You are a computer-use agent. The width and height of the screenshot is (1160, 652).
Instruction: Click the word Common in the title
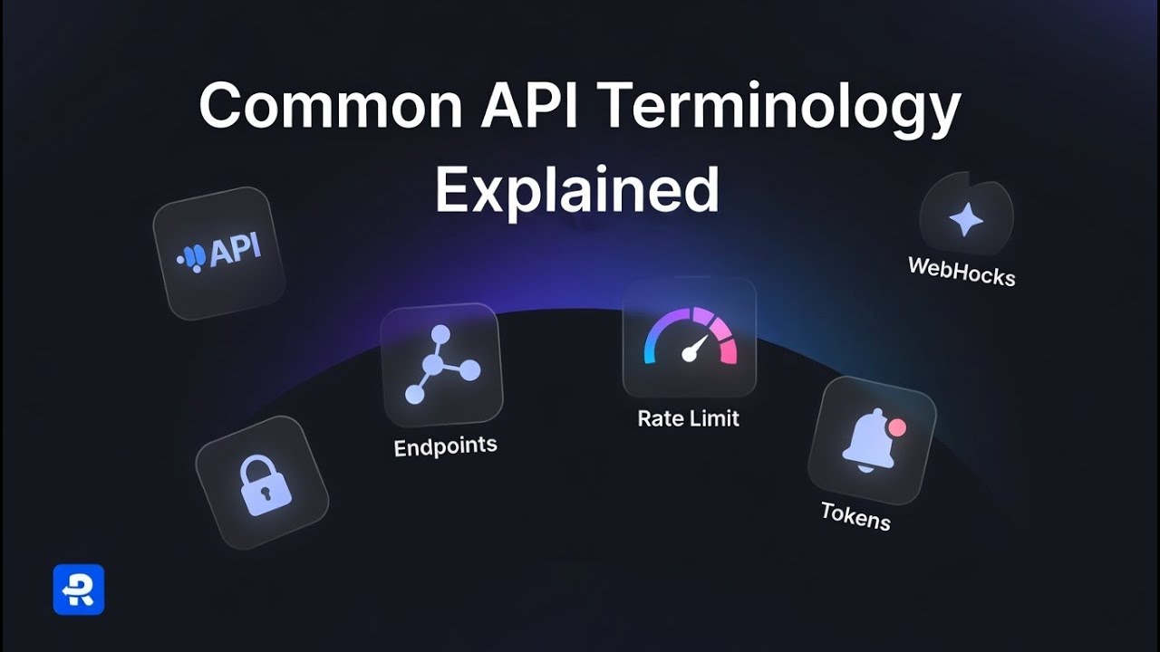(330, 105)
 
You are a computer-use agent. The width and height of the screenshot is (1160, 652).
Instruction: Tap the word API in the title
(528, 104)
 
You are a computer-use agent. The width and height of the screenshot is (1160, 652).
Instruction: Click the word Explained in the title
(577, 191)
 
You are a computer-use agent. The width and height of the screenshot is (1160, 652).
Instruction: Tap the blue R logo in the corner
(79, 590)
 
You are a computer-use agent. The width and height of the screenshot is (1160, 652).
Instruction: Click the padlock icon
(265, 486)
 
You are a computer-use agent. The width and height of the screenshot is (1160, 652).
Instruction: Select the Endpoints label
(445, 446)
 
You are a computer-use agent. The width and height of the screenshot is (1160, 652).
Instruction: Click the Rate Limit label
(688, 418)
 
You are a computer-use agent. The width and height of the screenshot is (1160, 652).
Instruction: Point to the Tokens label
(856, 516)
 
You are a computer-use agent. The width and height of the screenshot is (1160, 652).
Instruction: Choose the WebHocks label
(962, 271)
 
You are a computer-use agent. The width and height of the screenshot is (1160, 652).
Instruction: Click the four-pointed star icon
(965, 220)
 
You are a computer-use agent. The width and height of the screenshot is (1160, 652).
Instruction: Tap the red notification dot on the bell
(897, 427)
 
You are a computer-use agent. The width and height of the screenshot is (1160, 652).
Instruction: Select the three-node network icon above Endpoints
(440, 364)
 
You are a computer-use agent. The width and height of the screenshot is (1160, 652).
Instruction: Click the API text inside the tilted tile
(235, 252)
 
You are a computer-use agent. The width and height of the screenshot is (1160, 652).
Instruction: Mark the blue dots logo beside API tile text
(192, 258)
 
